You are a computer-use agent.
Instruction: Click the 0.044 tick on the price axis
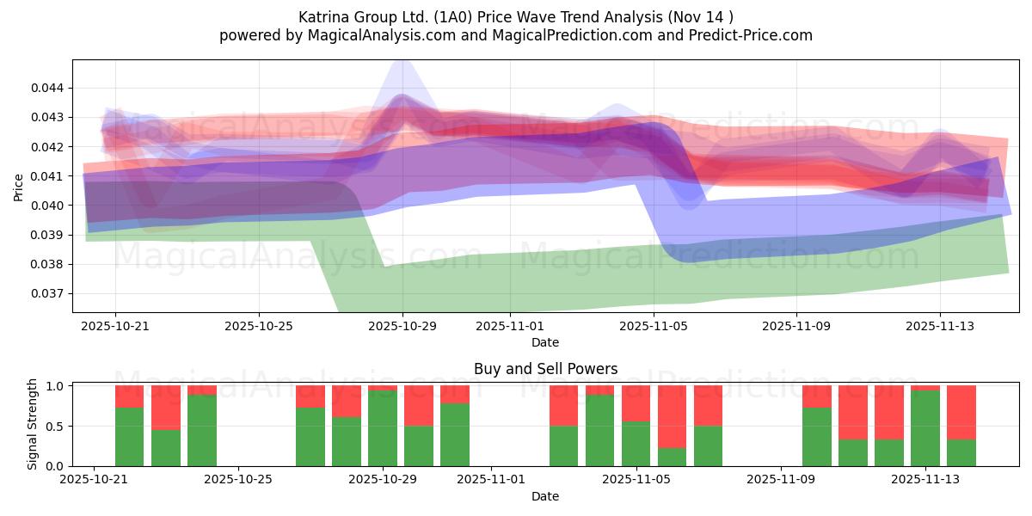point(49,88)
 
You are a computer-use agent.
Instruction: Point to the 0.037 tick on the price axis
point(49,293)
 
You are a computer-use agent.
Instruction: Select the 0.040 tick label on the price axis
point(49,206)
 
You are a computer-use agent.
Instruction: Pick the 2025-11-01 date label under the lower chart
point(492,480)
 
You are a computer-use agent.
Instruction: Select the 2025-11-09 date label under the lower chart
point(780,480)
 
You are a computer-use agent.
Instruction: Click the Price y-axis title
point(19,186)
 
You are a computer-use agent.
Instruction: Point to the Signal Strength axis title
point(32,424)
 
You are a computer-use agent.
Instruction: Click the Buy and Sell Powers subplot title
point(545,369)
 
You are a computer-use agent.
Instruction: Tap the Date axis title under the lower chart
point(545,496)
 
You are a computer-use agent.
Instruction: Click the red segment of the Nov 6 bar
point(672,416)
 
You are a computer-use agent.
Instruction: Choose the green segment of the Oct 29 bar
point(383,428)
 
